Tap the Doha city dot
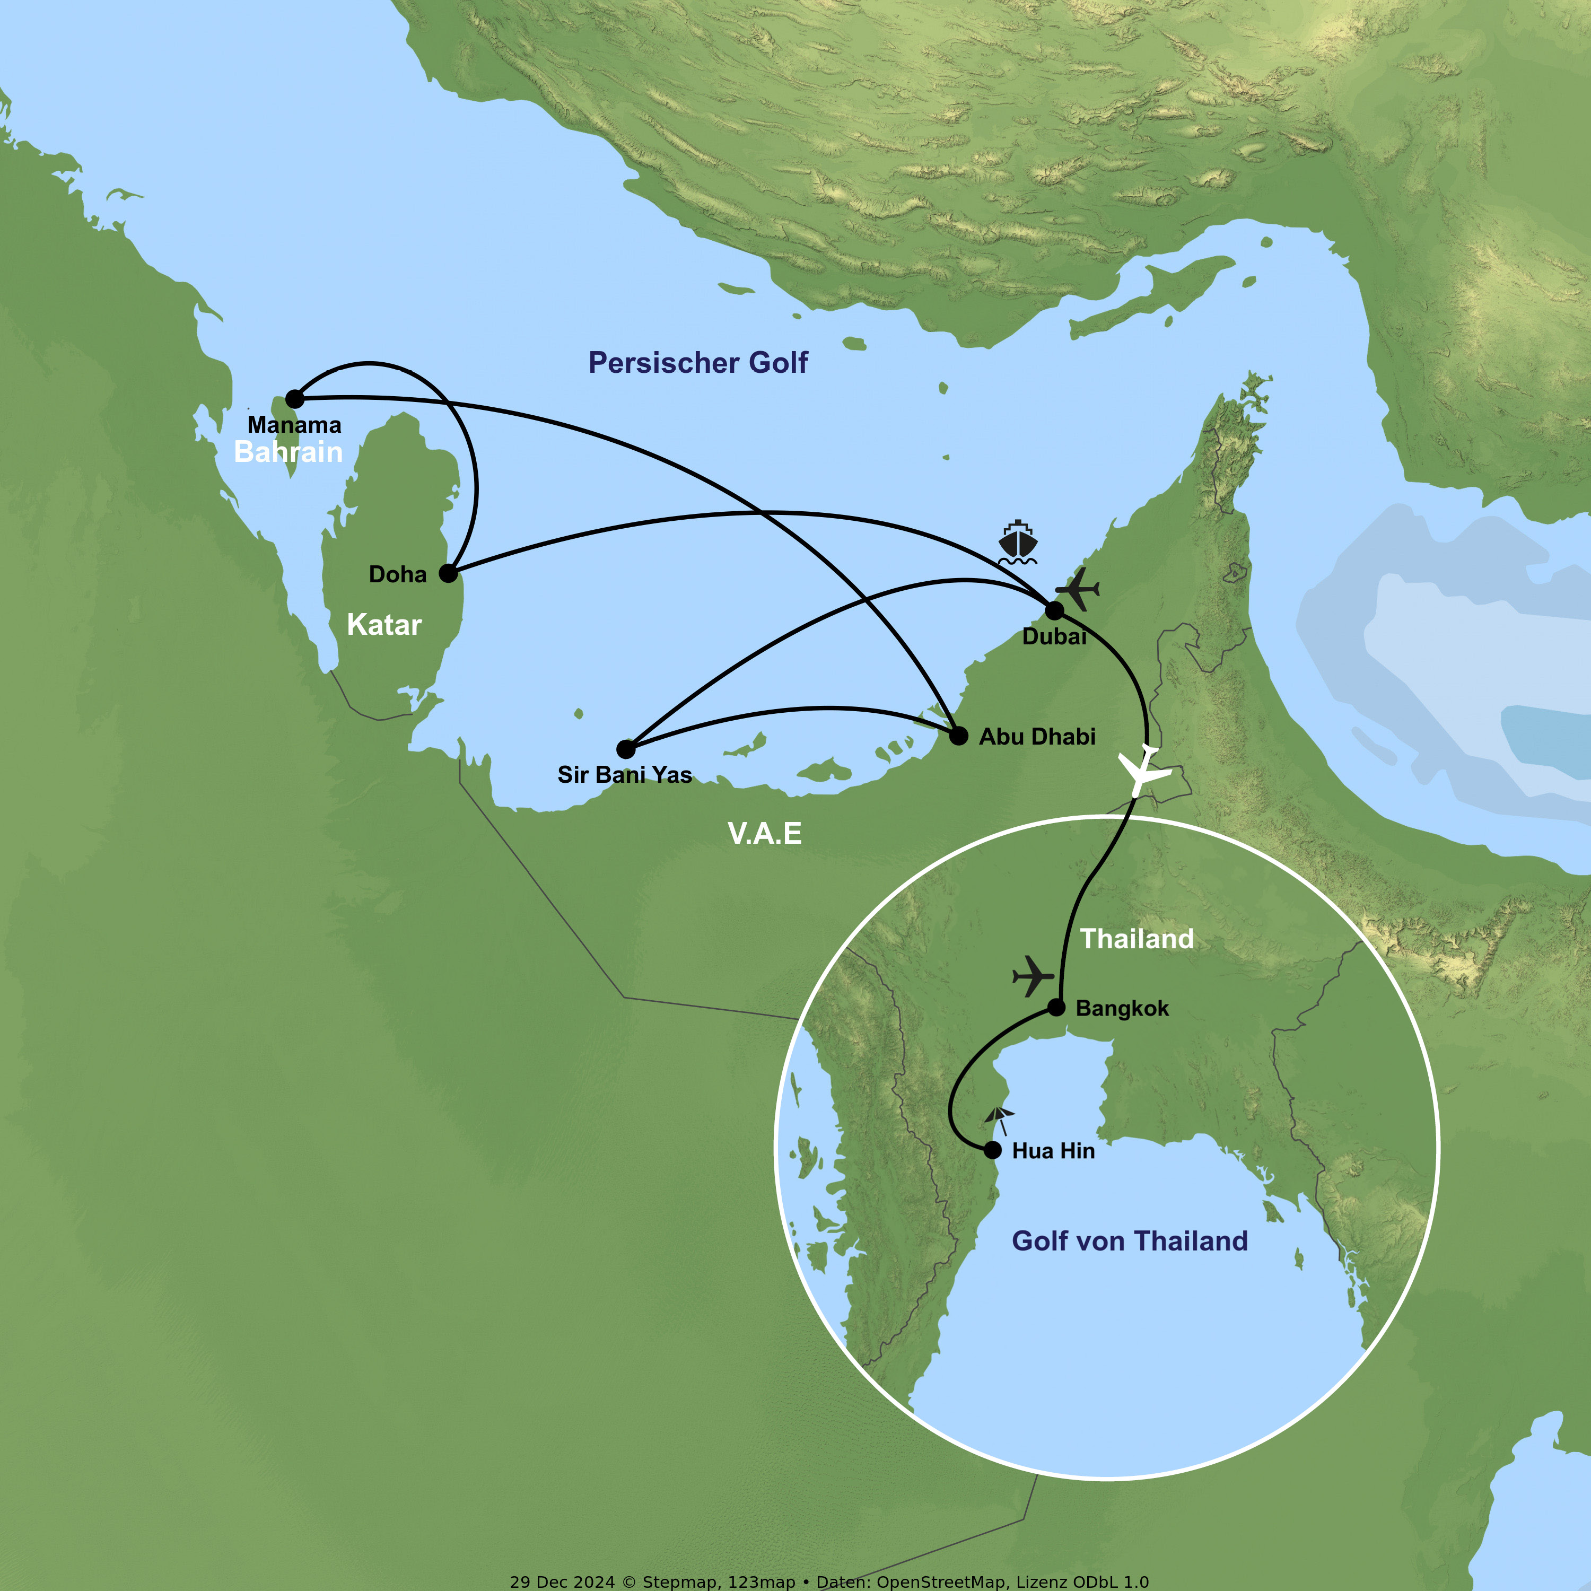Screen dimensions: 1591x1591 coord(448,573)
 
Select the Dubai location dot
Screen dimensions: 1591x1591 coord(1054,610)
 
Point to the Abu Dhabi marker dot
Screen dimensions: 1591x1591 coord(958,736)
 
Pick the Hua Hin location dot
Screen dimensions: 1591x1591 coord(993,1150)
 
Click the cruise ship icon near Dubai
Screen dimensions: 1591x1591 coord(1018,543)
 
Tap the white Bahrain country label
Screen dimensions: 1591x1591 coord(288,452)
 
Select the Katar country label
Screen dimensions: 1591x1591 coord(384,624)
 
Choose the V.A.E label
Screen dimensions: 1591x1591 coord(764,833)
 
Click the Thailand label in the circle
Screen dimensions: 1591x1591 coord(1137,939)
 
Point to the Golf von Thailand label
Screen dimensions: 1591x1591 coord(1129,1240)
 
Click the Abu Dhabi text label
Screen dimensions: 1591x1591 coord(1037,736)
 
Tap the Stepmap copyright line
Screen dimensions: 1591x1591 coord(828,1581)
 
